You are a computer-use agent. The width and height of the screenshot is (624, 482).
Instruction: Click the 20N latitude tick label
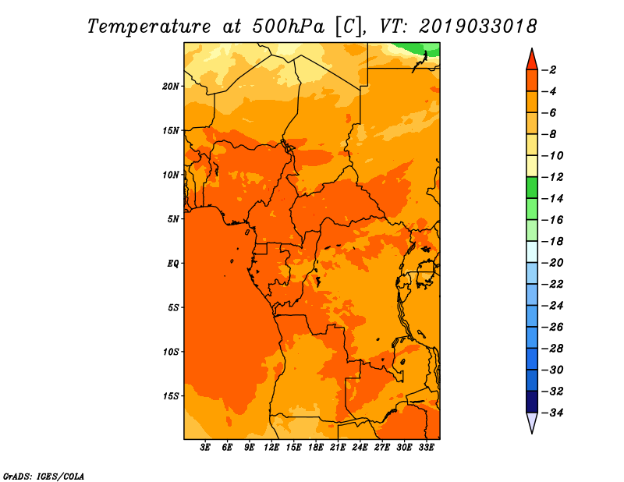pos(171,87)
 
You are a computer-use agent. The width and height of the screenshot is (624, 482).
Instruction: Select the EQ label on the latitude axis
pos(172,264)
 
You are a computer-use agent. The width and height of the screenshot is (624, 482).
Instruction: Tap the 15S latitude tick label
pos(171,396)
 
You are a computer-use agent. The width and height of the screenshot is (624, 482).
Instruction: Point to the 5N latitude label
pos(173,219)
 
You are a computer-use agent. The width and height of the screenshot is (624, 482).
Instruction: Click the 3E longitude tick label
pos(205,448)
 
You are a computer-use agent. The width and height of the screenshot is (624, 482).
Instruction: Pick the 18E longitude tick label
pos(315,448)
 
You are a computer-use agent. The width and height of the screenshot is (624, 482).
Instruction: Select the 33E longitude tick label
pos(426,448)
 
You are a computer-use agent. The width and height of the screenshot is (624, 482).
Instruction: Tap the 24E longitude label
pos(360,448)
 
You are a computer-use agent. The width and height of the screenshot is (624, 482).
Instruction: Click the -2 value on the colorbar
pos(550,70)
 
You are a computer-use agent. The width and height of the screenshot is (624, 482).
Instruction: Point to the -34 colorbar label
pos(552,413)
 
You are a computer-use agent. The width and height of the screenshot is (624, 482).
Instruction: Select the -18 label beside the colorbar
pos(552,241)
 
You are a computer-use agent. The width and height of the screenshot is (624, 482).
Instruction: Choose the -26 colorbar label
pos(552,327)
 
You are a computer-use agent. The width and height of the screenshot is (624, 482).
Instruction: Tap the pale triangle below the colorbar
pos(532,421)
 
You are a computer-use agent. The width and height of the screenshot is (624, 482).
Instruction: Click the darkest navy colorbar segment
pos(532,402)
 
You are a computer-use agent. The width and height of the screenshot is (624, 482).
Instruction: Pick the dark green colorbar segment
pos(532,187)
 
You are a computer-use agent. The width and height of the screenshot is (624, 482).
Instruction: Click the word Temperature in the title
pos(149,27)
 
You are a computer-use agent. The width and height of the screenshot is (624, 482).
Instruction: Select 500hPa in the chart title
pos(288,27)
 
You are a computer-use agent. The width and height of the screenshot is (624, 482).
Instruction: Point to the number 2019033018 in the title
pos(477,27)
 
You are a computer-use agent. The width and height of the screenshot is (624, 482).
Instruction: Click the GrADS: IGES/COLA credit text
pos(44,477)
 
